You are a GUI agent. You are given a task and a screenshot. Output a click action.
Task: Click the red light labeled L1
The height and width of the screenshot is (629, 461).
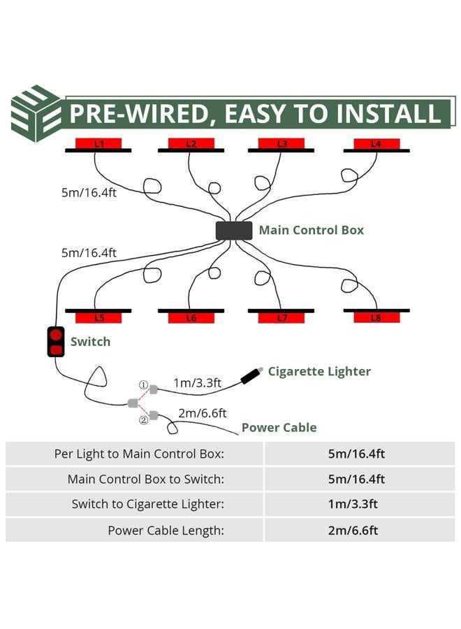(98, 143)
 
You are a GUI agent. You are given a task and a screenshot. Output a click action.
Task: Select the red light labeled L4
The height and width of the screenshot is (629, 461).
(376, 143)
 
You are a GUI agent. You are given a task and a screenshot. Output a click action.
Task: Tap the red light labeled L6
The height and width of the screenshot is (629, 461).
(191, 318)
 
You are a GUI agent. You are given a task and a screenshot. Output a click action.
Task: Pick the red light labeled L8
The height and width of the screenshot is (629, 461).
(376, 318)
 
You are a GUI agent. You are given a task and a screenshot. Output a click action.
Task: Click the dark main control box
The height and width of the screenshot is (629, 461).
(234, 231)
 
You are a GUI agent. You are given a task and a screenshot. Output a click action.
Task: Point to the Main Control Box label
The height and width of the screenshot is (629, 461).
(312, 230)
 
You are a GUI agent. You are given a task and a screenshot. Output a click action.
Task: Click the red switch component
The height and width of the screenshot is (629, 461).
(56, 342)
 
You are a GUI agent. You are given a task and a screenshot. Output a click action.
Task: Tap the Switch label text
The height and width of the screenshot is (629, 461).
(90, 342)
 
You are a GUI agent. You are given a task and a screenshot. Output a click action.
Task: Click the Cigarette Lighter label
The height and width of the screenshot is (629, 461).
(319, 372)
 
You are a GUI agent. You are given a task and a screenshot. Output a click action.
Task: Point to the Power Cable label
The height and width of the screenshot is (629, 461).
(279, 428)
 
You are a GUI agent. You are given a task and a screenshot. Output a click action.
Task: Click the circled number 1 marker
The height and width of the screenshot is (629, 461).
(143, 385)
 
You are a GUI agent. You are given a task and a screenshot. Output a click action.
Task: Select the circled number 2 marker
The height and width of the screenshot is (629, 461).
(143, 420)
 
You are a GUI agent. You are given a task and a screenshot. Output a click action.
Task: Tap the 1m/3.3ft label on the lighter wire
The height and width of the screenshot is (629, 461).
(197, 383)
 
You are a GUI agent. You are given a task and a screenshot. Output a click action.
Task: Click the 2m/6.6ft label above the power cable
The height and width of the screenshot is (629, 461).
(203, 413)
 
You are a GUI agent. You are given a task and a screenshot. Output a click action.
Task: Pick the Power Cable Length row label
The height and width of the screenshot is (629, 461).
(166, 530)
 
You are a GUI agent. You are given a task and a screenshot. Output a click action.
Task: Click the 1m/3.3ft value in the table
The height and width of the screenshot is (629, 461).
(353, 504)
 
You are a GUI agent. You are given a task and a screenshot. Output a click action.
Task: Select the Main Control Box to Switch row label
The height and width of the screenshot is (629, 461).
(146, 479)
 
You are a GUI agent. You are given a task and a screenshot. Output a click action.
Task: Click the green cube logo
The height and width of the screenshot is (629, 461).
(36, 113)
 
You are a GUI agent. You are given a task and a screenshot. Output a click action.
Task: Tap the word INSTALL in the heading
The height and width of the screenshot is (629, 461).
(388, 113)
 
